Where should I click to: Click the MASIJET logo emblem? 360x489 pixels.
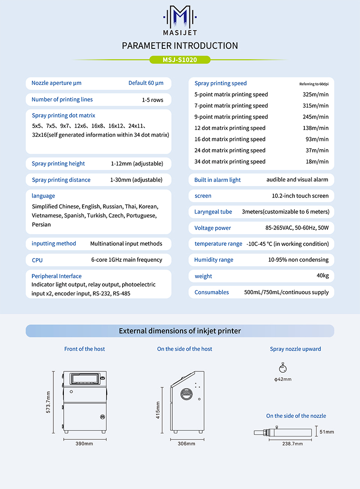[180, 16]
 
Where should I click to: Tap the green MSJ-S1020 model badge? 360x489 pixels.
[180, 60]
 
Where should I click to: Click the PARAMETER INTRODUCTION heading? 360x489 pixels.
[180, 46]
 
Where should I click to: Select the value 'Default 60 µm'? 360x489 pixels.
[146, 83]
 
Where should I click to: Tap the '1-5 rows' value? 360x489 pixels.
[153, 99]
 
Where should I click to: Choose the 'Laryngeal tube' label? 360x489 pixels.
[213, 212]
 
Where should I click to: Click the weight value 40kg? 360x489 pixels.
[322, 276]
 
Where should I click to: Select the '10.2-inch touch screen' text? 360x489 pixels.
[300, 196]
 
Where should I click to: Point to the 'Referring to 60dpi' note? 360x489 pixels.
[314, 84]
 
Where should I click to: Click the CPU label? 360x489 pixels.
[37, 260]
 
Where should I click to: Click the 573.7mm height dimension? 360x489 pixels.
[48, 402]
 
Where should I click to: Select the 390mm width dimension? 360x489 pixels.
[84, 444]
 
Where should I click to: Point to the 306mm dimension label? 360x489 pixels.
[186, 444]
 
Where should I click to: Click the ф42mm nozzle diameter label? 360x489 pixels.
[283, 379]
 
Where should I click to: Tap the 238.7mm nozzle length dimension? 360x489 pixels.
[292, 443]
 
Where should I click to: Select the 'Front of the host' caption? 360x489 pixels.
[84, 349]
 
